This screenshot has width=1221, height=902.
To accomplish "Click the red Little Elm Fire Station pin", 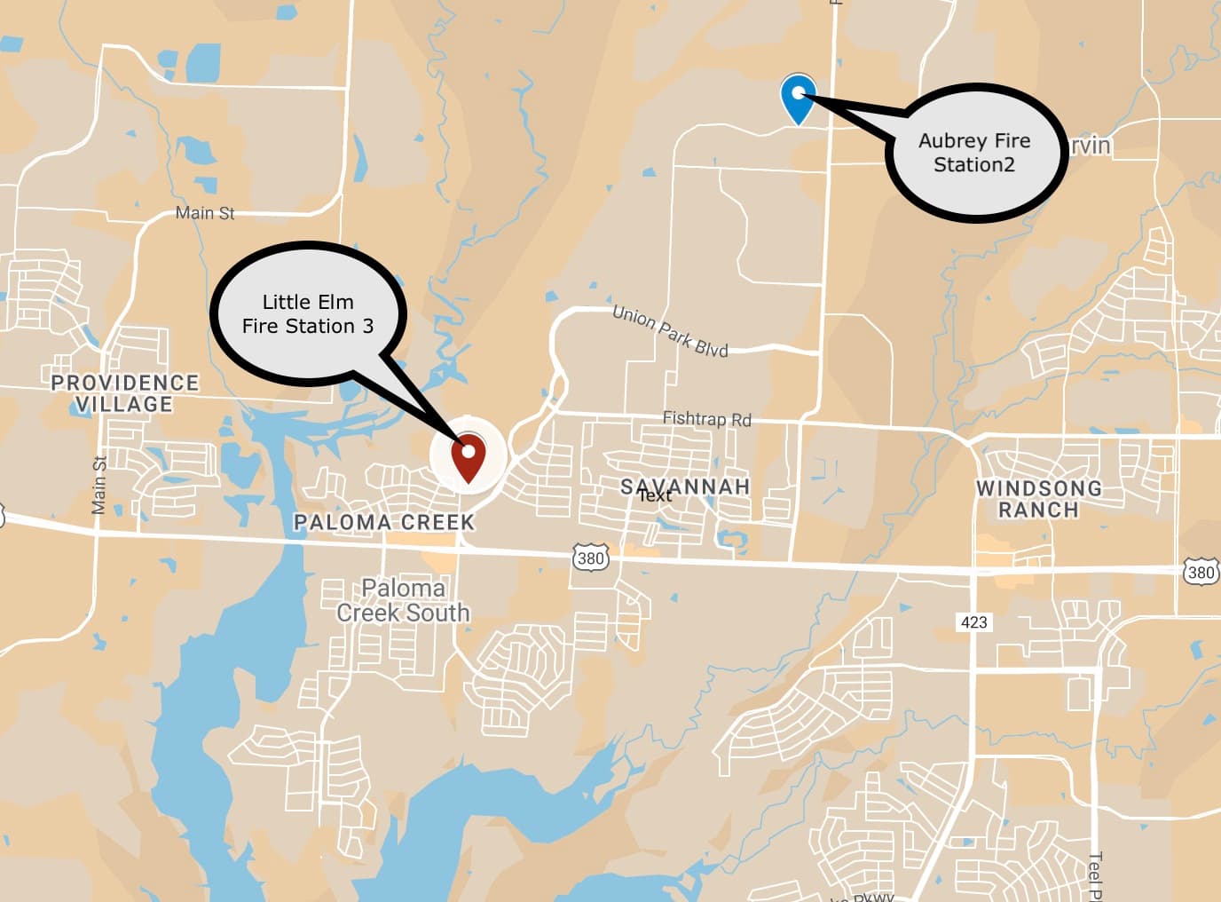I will pyautogui.click(x=468, y=455).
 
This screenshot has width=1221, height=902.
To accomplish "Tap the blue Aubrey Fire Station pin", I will pyautogui.click(x=798, y=97).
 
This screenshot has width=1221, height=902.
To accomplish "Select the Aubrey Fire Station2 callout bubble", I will pyautogui.click(x=975, y=153).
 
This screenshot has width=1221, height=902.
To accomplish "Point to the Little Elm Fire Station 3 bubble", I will pyautogui.click(x=308, y=313).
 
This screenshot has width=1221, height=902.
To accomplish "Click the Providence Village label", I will pyautogui.click(x=124, y=393).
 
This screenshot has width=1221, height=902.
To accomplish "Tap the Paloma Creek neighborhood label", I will pyautogui.click(x=384, y=522).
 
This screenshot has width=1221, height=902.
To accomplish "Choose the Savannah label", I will pyautogui.click(x=685, y=487).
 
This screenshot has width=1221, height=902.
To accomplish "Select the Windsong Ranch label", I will pyautogui.click(x=1038, y=499).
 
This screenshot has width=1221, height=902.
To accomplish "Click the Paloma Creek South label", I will pyautogui.click(x=403, y=600).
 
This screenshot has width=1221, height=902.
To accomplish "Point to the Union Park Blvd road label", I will pyautogui.click(x=670, y=330).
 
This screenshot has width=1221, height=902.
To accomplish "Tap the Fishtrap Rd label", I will pyautogui.click(x=706, y=418).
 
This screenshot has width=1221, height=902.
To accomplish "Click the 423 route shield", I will pyautogui.click(x=973, y=621).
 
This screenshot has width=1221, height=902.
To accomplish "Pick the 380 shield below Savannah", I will pyautogui.click(x=590, y=558).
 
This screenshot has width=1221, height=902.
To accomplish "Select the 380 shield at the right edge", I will pyautogui.click(x=1201, y=572).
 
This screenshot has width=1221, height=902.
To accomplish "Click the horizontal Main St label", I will pyautogui.click(x=205, y=213).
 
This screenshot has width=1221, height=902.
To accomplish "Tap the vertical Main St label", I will pyautogui.click(x=99, y=485).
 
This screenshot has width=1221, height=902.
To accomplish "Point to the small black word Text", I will pyautogui.click(x=655, y=495).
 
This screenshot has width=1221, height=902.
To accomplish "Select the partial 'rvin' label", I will pyautogui.click(x=1091, y=145).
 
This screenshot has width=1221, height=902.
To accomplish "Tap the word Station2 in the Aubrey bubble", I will pyautogui.click(x=973, y=165).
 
